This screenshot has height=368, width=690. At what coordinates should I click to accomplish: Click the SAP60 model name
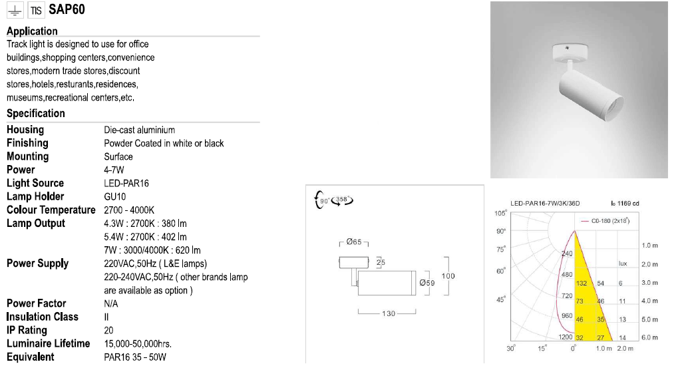(67, 10)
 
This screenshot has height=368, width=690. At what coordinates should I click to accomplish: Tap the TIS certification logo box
(36, 10)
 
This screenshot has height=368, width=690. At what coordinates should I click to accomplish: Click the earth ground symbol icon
(15, 10)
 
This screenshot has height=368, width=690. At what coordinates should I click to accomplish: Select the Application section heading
(32, 31)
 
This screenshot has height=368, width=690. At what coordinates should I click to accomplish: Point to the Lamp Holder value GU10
(115, 197)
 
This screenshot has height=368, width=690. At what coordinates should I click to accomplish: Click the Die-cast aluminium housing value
(140, 130)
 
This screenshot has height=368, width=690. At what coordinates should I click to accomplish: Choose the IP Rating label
(27, 330)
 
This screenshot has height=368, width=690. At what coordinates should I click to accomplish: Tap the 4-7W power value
(114, 170)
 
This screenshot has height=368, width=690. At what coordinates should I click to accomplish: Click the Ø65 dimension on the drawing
(354, 242)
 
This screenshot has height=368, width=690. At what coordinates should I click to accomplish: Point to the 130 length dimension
(389, 313)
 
